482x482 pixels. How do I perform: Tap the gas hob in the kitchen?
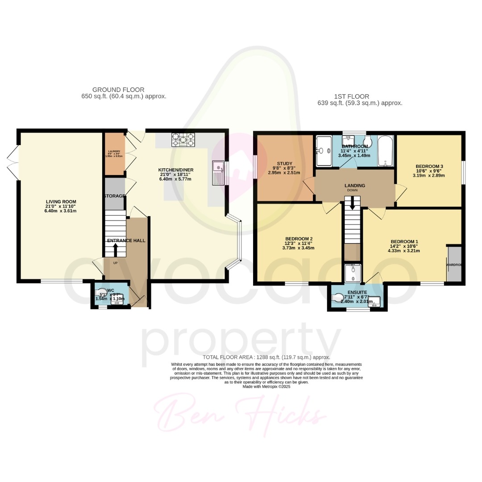pyautogui.click(x=183, y=140)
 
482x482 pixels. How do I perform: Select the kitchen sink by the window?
pyautogui.click(x=218, y=173)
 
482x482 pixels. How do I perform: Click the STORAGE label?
pyautogui.click(x=115, y=196)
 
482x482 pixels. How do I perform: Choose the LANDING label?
pyautogui.click(x=355, y=186)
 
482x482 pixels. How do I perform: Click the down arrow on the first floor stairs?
pyautogui.click(x=353, y=204)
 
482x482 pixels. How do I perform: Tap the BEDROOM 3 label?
pyautogui.click(x=429, y=166)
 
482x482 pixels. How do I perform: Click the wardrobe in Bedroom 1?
pyautogui.click(x=454, y=263)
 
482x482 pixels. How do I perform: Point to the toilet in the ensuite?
pyautogui.click(x=340, y=297)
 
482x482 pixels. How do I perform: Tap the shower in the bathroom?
pyautogui.click(x=324, y=150)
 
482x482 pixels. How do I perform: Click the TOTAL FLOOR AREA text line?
pyautogui.click(x=266, y=357)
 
